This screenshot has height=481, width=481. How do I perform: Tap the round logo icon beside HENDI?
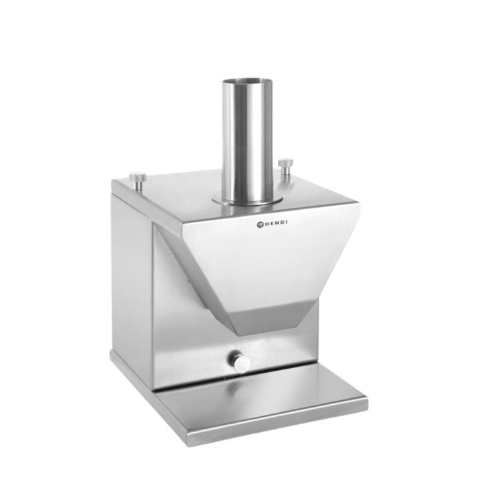coord(260,224)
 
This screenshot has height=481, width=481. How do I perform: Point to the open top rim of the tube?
coord(247,83)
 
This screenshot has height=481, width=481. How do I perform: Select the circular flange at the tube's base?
coord(247,200)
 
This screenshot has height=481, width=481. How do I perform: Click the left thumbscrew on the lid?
coord(138,181)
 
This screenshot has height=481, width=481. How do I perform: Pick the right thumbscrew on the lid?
coord(286,167)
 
